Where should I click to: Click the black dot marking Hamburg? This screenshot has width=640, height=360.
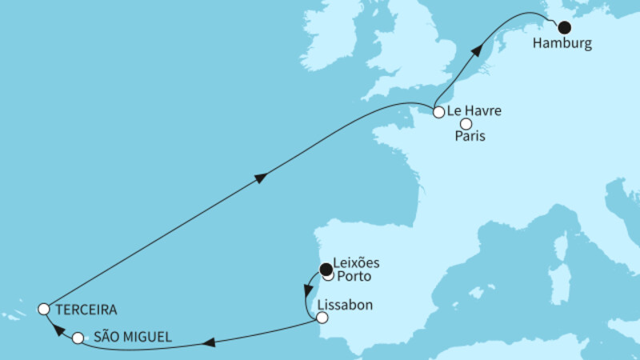click(x=566, y=27)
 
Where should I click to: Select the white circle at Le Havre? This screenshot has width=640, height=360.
click(x=438, y=112)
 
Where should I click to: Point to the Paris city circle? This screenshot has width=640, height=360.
click(x=466, y=123)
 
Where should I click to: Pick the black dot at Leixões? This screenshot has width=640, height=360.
click(x=326, y=269)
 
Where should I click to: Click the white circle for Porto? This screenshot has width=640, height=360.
click(x=328, y=276)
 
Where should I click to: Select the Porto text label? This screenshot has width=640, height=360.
click(x=354, y=278)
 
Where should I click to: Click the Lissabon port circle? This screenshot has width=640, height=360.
click(x=322, y=318)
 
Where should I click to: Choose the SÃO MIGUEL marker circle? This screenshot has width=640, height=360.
click(x=78, y=338)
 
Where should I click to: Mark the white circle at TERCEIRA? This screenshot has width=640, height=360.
click(x=44, y=308)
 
